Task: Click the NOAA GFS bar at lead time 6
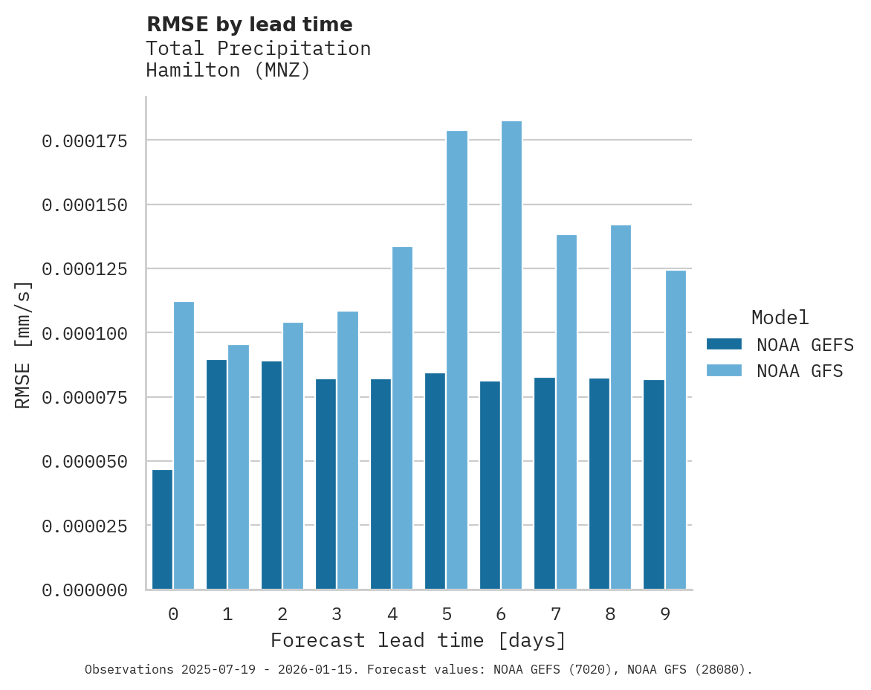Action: (x=511, y=355)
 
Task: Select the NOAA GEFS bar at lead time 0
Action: (x=162, y=529)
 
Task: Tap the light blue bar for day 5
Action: (x=457, y=360)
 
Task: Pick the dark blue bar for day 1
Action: (x=216, y=474)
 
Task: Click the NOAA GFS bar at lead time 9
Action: (x=676, y=430)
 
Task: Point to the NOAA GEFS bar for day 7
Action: (x=544, y=483)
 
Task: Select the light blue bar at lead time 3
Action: (x=348, y=451)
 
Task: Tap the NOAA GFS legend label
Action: (x=800, y=371)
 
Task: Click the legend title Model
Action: (x=780, y=318)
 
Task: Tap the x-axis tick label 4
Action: (x=392, y=614)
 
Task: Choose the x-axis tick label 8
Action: (x=610, y=614)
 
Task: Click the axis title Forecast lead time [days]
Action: (x=418, y=640)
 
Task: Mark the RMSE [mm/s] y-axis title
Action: (x=23, y=344)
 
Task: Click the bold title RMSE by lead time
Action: (x=249, y=25)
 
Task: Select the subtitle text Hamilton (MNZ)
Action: (x=227, y=71)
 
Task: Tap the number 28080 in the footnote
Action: (x=722, y=670)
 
